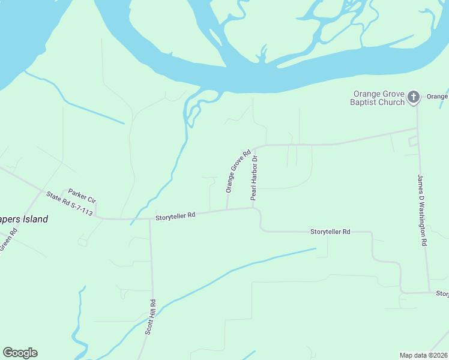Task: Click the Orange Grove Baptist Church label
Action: coord(379,98)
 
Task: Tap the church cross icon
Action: coord(413,97)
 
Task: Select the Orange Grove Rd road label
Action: coord(237,172)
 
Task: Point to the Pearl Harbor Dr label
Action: coord(255,178)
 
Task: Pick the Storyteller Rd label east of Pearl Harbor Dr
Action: coord(330,232)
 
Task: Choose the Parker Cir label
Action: coord(82,194)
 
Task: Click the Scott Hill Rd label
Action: coord(149,317)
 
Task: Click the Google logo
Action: coord(20,353)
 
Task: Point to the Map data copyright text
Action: coord(423,355)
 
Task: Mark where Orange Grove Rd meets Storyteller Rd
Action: coord(226,210)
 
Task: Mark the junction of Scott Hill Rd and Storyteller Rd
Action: coord(149,219)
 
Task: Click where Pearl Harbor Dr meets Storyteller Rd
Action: coord(253,208)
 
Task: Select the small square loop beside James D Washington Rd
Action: coord(412,142)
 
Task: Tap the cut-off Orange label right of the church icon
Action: coord(438,97)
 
